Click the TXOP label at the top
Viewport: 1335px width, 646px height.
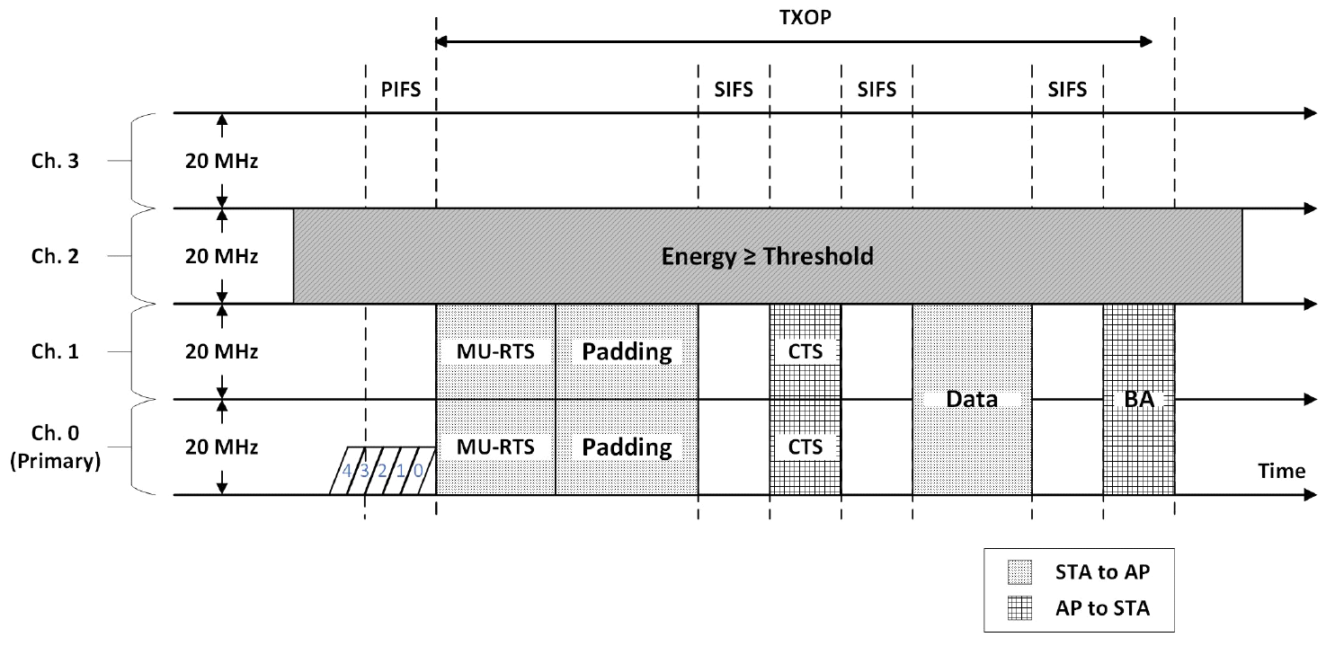[x=793, y=17]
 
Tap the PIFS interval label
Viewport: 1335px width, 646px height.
[x=401, y=90]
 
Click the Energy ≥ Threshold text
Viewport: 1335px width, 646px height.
[x=767, y=256]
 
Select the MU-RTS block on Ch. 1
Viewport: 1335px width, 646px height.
[x=495, y=351]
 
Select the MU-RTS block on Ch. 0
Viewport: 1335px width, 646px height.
[x=495, y=447]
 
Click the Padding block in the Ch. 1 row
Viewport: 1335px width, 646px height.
[x=627, y=351]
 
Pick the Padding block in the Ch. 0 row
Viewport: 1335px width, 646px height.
[x=627, y=447]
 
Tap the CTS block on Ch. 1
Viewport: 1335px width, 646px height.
[x=805, y=351]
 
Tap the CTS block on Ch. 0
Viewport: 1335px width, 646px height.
[x=805, y=447]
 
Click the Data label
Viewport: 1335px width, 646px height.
[x=972, y=400]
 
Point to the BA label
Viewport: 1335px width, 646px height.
[x=1139, y=400]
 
